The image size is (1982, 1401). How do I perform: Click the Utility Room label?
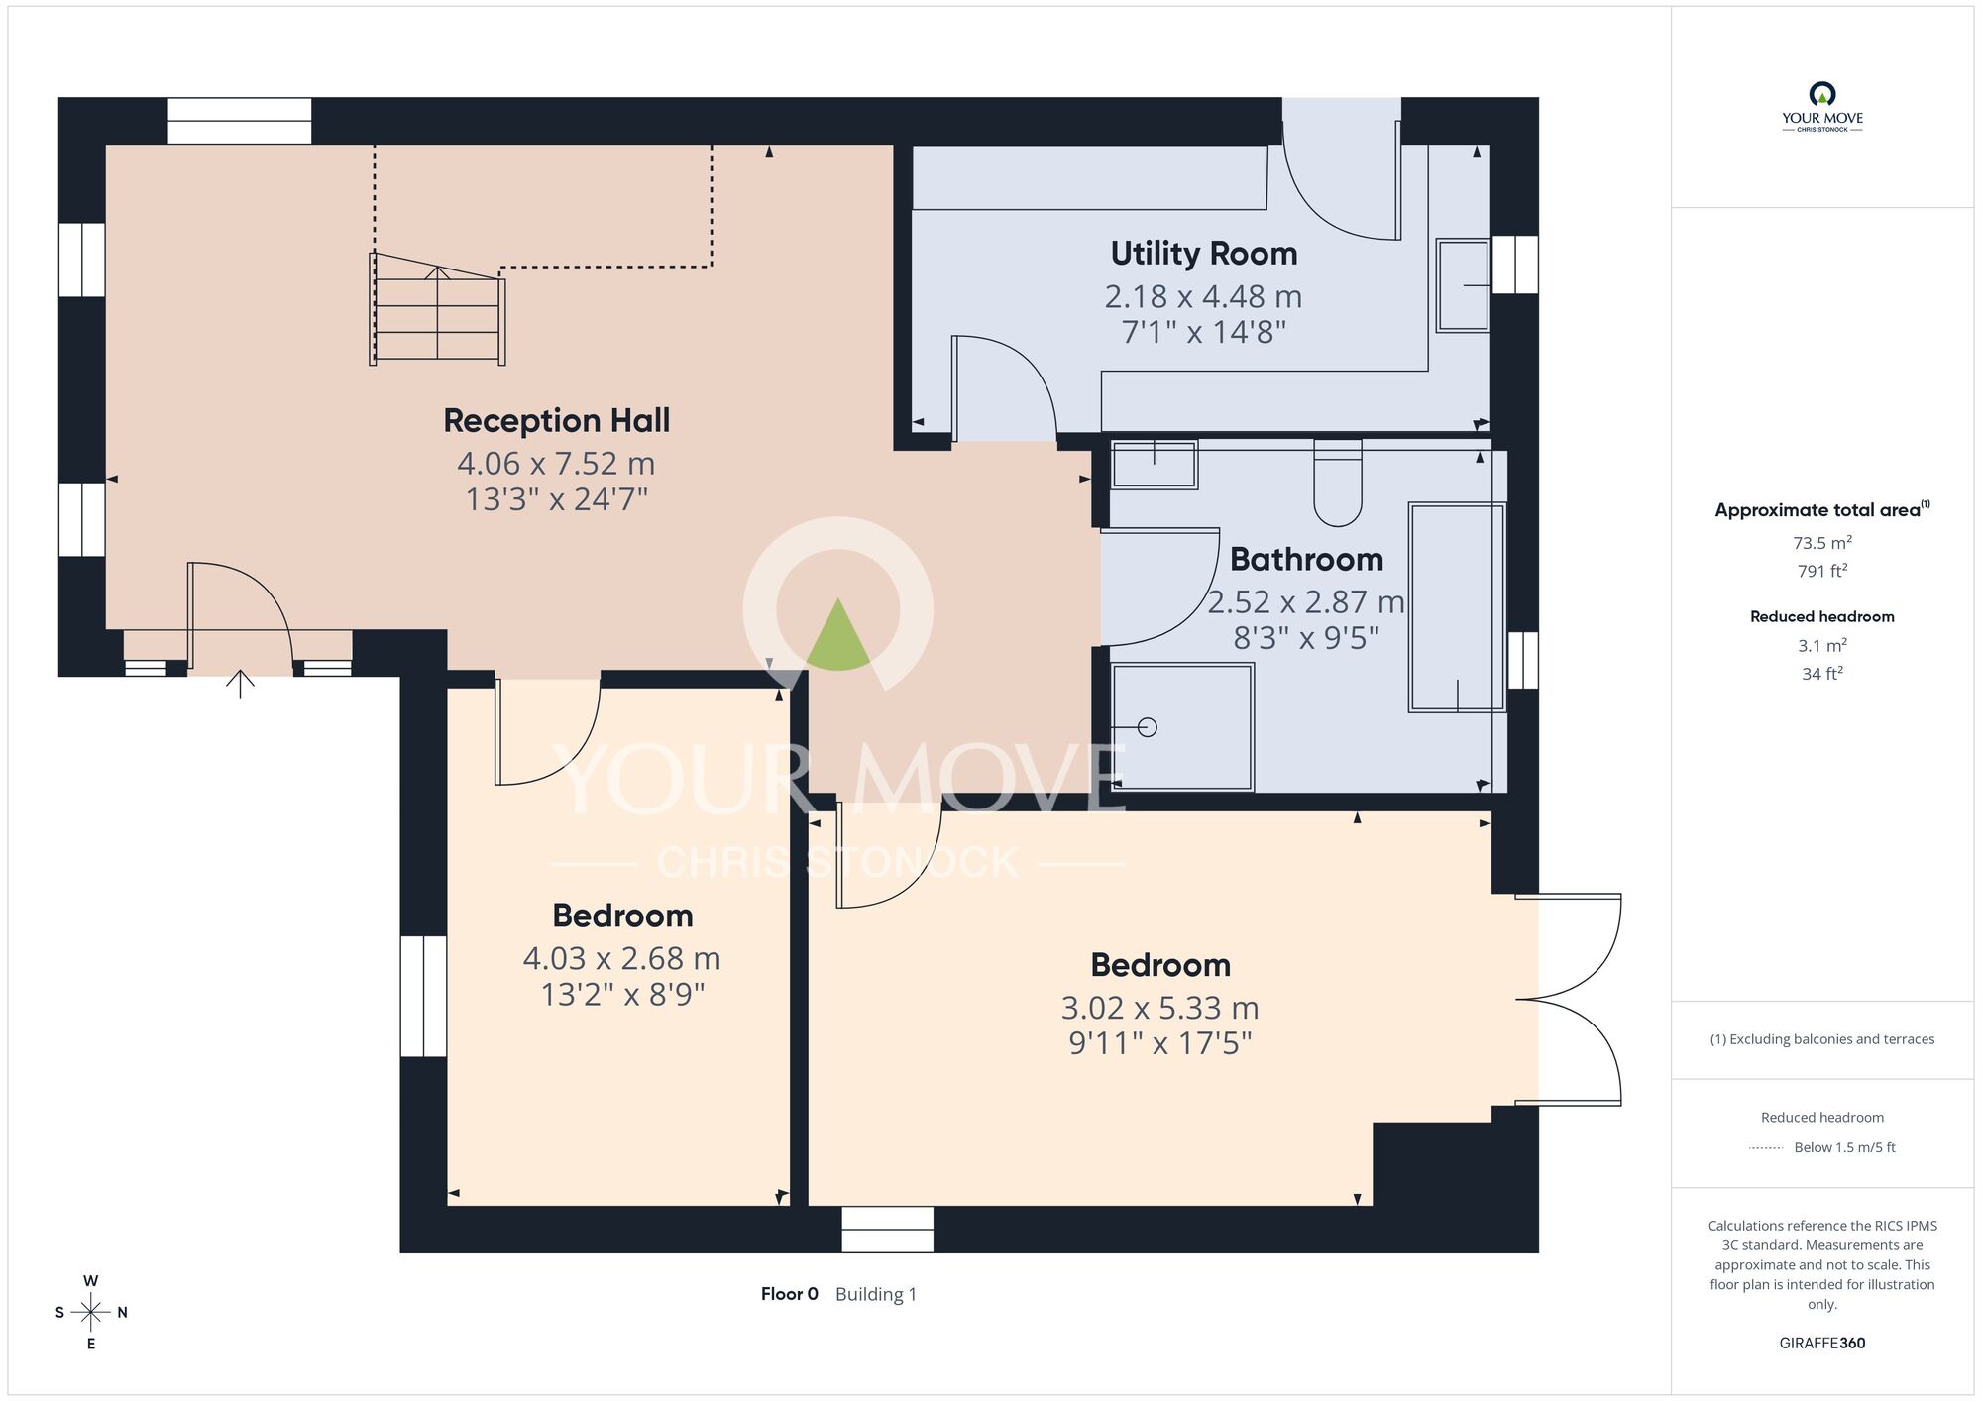click(x=1203, y=254)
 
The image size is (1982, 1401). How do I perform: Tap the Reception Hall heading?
click(x=556, y=421)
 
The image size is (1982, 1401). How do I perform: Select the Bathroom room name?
click(x=1306, y=560)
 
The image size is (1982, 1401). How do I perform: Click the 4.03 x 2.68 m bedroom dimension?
click(x=621, y=959)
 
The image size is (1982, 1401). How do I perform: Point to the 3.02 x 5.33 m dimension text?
click(x=1159, y=1008)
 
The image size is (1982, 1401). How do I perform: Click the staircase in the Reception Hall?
click(x=437, y=309)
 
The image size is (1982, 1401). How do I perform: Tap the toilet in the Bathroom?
click(x=1338, y=483)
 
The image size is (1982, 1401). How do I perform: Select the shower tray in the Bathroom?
click(x=1182, y=727)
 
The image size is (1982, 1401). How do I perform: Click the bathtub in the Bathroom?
click(x=1457, y=607)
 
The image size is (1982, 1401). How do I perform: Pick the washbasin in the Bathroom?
click(x=1155, y=464)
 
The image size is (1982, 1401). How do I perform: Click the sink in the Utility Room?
click(x=1463, y=285)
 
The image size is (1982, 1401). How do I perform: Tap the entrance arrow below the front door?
click(x=240, y=684)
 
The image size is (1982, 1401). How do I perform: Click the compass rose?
click(x=91, y=1313)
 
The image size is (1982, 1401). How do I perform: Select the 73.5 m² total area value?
click(x=1821, y=543)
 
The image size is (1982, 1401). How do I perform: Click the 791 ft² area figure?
click(x=1821, y=571)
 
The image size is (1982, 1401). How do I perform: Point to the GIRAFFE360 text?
click(x=1821, y=1344)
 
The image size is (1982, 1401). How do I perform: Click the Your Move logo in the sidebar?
click(x=1821, y=108)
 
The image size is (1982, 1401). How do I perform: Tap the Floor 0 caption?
click(x=790, y=1294)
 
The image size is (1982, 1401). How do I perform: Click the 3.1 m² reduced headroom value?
click(x=1821, y=646)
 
